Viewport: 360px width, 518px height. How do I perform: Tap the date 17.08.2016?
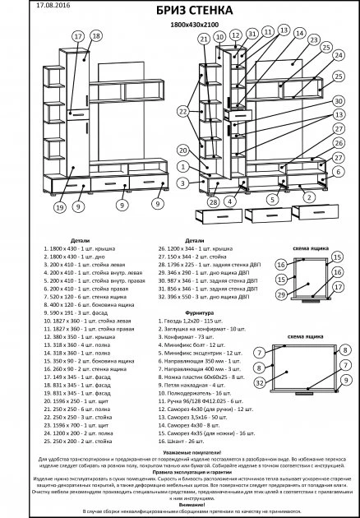[x=30, y=5]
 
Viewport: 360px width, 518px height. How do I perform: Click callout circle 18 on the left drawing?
[x=96, y=37]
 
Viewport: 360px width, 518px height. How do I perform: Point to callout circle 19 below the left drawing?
[x=36, y=207]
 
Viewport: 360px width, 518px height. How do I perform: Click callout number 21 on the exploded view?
[x=203, y=39]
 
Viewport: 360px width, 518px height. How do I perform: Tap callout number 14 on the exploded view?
[x=283, y=30]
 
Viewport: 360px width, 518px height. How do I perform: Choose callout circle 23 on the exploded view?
[x=313, y=39]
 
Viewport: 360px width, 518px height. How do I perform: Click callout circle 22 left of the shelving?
[x=183, y=111]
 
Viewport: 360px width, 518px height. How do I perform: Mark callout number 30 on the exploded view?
[x=338, y=101]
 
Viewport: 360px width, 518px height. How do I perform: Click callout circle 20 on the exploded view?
[x=182, y=151]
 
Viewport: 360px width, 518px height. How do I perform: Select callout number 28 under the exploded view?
[x=212, y=201]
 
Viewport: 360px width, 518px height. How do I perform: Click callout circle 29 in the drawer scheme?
[x=281, y=294]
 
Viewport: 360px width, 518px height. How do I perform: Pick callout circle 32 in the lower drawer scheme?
[x=282, y=382]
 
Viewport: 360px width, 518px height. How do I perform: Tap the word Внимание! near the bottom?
[x=180, y=504]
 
